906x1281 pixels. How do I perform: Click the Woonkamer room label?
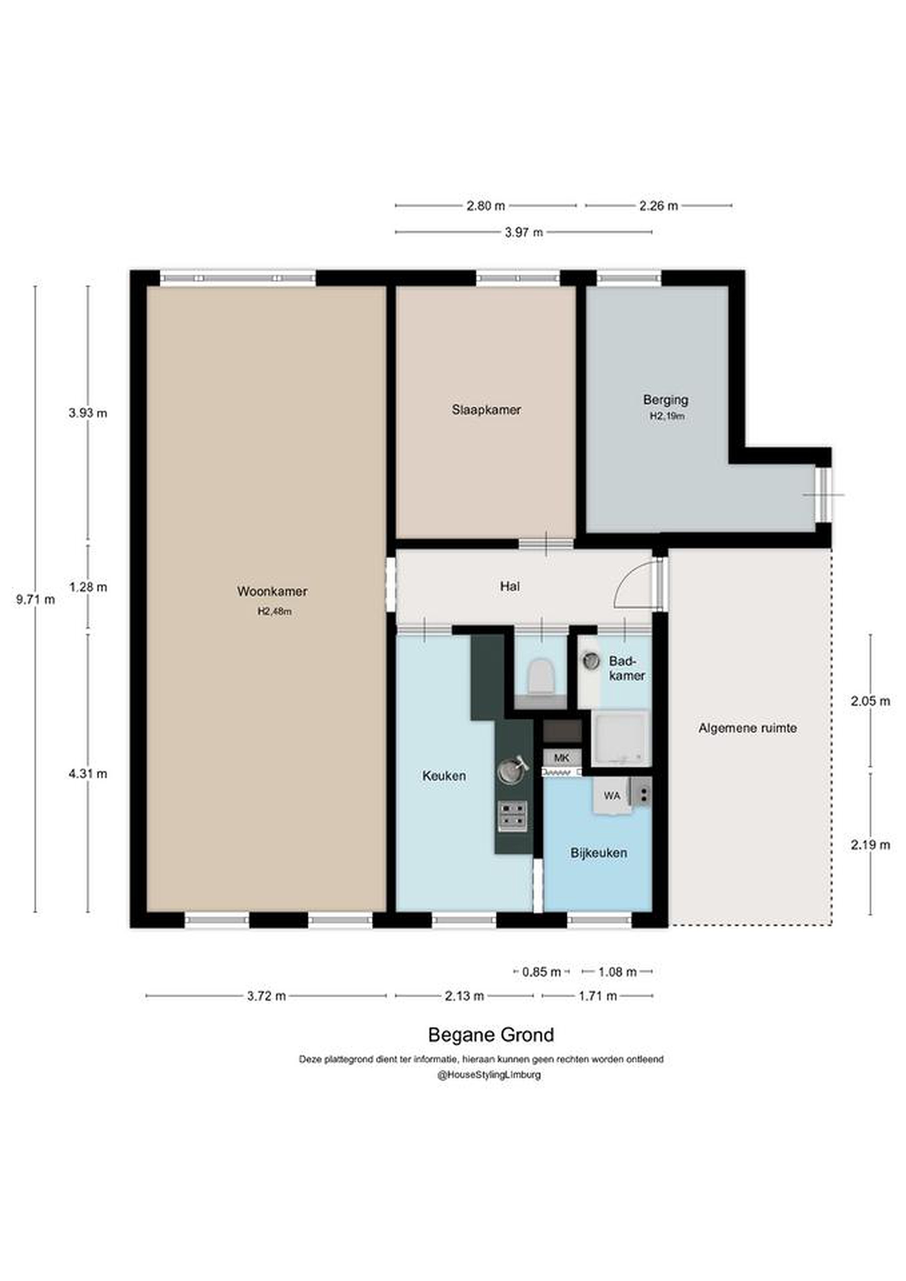[x=272, y=592]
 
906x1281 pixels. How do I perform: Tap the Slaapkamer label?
[x=487, y=410]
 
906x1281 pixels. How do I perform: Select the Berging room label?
[x=665, y=399]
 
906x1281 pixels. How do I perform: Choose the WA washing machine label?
[x=612, y=796]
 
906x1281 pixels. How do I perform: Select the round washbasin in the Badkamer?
[x=590, y=661]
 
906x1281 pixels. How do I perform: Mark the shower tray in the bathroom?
[x=621, y=738]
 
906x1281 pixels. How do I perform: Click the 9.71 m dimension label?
[x=36, y=600]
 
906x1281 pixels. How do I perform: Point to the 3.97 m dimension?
[x=524, y=232]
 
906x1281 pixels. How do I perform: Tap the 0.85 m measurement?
[x=541, y=972]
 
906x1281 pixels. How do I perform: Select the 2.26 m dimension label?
[x=658, y=206]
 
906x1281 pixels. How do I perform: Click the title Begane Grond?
[x=491, y=1035]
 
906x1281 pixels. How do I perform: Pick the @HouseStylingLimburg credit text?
[x=489, y=1075]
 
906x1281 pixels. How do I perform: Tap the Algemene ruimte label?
[x=748, y=728]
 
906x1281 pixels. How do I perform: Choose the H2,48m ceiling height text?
[x=274, y=612]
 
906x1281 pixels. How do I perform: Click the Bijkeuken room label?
[x=599, y=853]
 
